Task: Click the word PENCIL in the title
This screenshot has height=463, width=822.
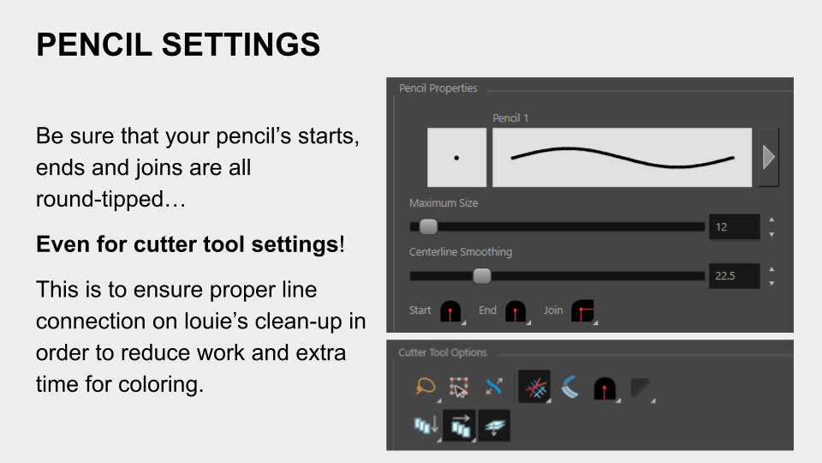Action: coord(94,44)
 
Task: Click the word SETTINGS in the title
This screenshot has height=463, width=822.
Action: coord(241,44)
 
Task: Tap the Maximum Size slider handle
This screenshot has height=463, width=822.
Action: coord(428,226)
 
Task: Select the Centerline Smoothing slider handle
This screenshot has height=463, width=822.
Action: coord(482,275)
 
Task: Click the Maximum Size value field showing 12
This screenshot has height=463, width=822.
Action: coord(734,226)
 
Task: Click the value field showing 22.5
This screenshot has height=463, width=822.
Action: coord(734,275)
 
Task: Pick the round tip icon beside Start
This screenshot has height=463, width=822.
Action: coord(450,311)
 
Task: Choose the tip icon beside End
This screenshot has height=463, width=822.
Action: coord(515,311)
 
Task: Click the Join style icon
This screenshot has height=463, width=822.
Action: coord(582,310)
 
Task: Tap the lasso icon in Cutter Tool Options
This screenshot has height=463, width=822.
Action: coord(426,387)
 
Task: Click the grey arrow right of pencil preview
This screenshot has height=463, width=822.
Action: coord(769,157)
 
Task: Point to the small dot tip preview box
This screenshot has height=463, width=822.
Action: coord(456,157)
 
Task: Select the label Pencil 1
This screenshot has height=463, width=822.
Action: coord(510,118)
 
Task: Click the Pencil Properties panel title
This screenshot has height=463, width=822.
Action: coord(438,88)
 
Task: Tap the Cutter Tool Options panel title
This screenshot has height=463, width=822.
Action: coord(443,352)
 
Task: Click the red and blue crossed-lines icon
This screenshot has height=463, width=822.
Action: coord(534,387)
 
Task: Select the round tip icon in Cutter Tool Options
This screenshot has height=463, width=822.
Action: coord(605,388)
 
